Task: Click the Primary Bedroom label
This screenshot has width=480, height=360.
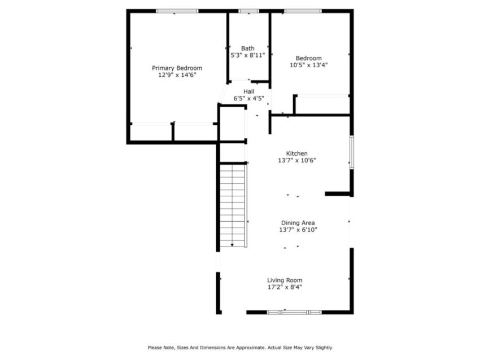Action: tap(177, 68)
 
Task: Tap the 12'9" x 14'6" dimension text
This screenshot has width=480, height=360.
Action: tap(177, 75)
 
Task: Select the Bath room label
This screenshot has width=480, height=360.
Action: tap(248, 49)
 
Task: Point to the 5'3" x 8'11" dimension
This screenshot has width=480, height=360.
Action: tap(248, 55)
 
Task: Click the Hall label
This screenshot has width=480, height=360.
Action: tap(249, 91)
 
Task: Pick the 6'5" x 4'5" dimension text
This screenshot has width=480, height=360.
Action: tap(249, 99)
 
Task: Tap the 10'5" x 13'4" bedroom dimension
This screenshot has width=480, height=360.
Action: tap(308, 65)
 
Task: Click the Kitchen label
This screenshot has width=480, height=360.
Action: tap(296, 153)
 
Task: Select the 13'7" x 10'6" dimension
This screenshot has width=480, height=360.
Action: tap(296, 161)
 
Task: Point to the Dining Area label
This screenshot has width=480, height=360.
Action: tap(298, 223)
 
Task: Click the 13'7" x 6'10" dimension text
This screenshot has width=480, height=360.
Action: tap(298, 230)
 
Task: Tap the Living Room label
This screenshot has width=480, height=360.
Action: tap(285, 280)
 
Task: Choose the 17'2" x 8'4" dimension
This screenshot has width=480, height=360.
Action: tap(285, 287)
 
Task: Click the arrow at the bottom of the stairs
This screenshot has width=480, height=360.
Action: tap(232, 245)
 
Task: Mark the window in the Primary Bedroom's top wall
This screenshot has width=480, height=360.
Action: tap(177, 11)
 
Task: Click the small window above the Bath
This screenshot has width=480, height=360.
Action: tap(248, 11)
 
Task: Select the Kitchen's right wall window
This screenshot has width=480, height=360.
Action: tap(352, 152)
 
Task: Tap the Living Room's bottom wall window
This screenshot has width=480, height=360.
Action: tap(294, 312)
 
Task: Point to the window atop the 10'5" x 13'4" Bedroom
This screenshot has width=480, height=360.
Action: tap(303, 11)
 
